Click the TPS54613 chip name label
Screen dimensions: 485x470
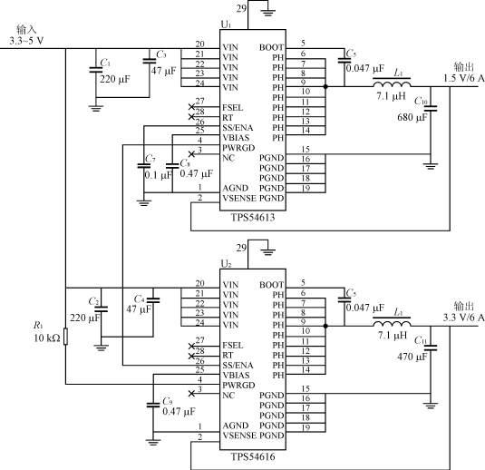pyautogui.click(x=253, y=218)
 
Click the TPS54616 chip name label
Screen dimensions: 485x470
pyautogui.click(x=253, y=456)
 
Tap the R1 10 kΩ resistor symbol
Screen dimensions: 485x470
pyautogui.click(x=65, y=337)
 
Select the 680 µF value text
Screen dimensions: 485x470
pyautogui.click(x=412, y=117)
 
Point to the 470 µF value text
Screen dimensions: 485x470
pyautogui.click(x=412, y=357)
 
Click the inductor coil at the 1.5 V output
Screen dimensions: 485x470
pyautogui.click(x=392, y=83)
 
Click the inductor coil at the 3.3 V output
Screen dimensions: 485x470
pyautogui.click(x=392, y=323)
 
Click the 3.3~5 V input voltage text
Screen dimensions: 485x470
pyautogui.click(x=26, y=41)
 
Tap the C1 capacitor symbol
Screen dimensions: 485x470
pyautogui.click(x=96, y=70)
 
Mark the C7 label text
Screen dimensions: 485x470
pyautogui.click(x=150, y=159)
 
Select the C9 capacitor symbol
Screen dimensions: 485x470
pyautogui.click(x=153, y=405)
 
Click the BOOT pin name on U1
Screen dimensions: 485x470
pyautogui.click(x=271, y=47)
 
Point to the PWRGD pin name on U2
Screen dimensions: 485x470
pyautogui.click(x=238, y=386)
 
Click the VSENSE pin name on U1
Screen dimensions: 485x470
pyautogui.click(x=239, y=198)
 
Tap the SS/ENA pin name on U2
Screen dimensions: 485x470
pyautogui.click(x=238, y=365)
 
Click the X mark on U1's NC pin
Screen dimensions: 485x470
pyautogui.click(x=191, y=154)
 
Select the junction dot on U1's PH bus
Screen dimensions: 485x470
pyautogui.click(x=325, y=87)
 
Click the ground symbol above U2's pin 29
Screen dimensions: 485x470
pyautogui.click(x=268, y=251)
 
